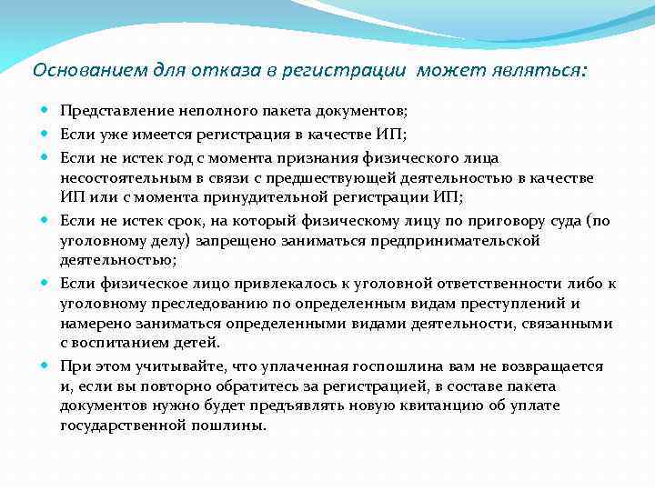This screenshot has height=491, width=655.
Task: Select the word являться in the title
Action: [540, 70]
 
